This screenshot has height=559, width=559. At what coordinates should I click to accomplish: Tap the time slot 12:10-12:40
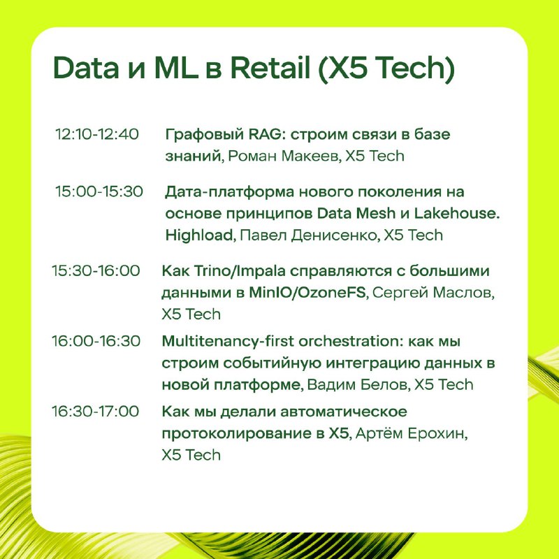click(97, 134)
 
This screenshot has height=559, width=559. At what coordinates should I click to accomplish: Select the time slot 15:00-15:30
click(99, 191)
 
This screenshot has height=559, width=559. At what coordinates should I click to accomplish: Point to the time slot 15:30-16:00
click(96, 270)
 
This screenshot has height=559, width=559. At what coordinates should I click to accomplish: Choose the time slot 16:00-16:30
click(96, 341)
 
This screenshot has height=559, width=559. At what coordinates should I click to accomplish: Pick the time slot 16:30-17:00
click(96, 411)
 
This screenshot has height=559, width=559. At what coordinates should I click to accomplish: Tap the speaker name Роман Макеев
click(283, 156)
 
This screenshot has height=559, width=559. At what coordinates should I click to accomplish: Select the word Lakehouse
click(457, 213)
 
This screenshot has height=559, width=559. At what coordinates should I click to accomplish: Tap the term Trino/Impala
click(240, 271)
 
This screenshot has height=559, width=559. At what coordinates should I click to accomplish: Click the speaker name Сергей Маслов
click(433, 293)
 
